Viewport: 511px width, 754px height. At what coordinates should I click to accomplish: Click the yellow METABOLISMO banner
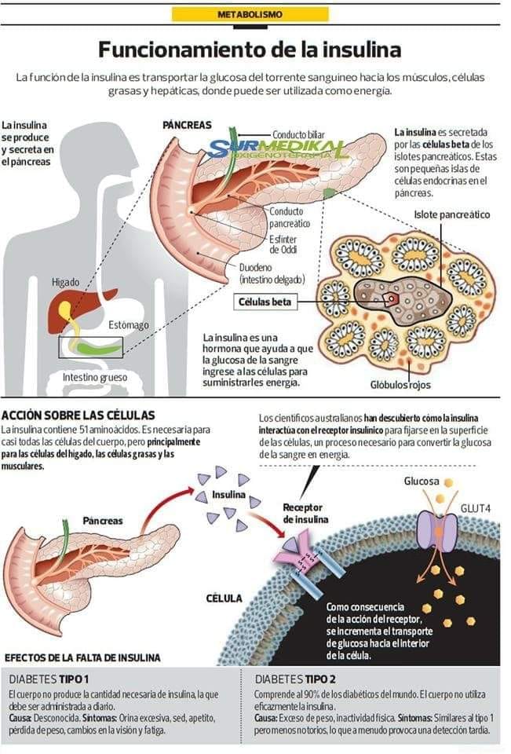250,14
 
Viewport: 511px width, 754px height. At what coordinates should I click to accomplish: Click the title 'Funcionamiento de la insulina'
250,50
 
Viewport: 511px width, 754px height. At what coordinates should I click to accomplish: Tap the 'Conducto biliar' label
298,135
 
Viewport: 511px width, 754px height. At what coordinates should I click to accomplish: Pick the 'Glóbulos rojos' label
400,385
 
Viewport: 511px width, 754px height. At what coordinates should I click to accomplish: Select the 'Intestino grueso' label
94,377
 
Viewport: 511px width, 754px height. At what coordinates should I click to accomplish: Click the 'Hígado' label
66,281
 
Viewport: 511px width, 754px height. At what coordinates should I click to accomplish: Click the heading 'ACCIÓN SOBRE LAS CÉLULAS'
78,415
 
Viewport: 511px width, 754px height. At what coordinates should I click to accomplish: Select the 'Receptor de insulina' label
302,513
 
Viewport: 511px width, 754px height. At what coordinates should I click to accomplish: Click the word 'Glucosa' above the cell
422,480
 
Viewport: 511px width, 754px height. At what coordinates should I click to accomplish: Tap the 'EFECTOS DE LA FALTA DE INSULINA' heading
82,657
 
